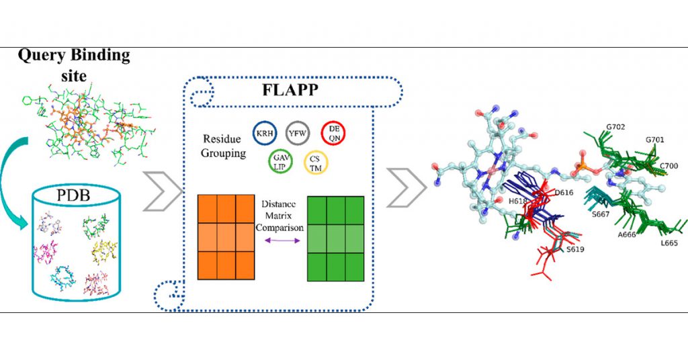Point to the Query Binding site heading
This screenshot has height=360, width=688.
pyautogui.click(x=74, y=64)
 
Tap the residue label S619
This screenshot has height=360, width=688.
pyautogui.click(x=574, y=248)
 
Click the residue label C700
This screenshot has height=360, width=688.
pyautogui.click(x=669, y=165)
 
